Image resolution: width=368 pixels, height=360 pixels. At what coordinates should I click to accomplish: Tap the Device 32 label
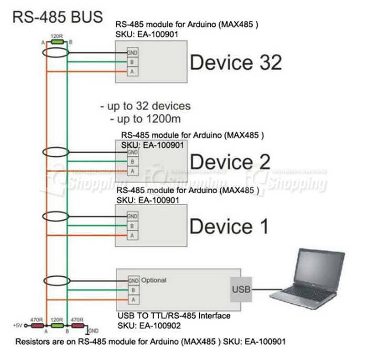236,62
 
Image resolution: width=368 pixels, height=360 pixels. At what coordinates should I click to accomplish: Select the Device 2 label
230,161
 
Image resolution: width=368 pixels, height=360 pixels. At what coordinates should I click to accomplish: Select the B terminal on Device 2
132,162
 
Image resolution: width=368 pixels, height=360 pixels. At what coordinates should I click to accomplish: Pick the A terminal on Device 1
132,234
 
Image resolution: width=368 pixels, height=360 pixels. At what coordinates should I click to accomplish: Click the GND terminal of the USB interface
133,281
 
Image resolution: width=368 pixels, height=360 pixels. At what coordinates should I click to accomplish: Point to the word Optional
154,281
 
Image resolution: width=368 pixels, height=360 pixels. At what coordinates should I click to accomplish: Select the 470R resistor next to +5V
37,326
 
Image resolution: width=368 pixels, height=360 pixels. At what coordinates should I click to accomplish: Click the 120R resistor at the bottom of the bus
56,326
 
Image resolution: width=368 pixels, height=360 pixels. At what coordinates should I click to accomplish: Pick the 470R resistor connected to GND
77,326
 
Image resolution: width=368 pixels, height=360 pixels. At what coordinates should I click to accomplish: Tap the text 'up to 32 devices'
145,106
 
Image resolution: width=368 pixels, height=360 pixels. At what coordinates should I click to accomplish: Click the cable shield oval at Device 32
55,53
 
